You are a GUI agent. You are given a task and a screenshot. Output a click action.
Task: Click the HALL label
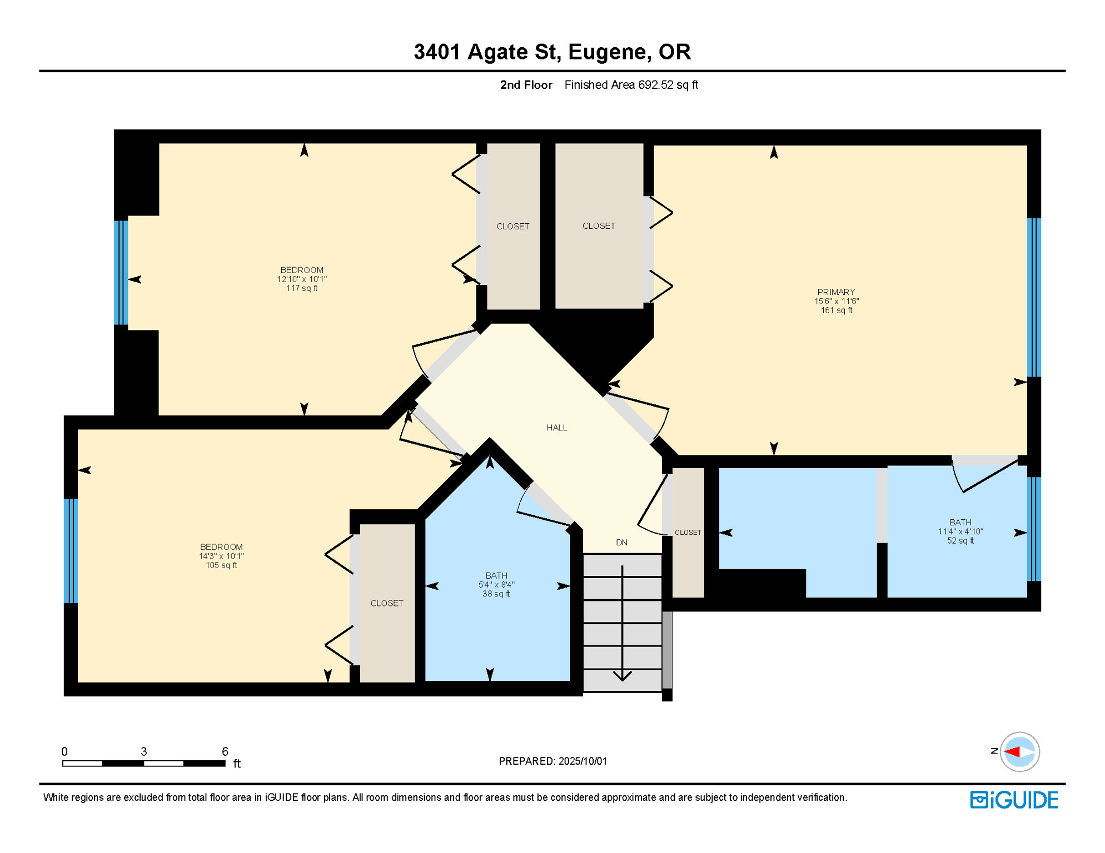pos(556,428)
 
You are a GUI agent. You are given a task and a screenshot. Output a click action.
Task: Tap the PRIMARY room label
pos(836,292)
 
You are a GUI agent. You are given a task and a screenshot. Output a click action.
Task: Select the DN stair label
pos(621,543)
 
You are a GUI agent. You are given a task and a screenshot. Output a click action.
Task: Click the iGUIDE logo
pos(1014,800)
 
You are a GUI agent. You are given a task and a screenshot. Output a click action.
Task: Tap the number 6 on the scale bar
pos(225,751)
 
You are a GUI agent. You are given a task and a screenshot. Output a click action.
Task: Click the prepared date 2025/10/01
pos(583,761)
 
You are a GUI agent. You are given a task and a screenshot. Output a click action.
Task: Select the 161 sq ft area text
pos(837,310)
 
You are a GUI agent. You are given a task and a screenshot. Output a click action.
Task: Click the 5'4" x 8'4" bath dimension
pos(496,585)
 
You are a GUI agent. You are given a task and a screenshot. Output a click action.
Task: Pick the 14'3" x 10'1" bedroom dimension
pos(221,556)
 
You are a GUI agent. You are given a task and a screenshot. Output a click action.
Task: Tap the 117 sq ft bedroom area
pos(302,288)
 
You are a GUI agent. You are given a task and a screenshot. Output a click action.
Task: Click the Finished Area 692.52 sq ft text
pos(631,85)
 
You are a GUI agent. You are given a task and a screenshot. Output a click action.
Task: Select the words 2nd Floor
pos(526,85)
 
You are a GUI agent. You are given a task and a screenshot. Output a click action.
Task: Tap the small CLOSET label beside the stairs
pos(688,533)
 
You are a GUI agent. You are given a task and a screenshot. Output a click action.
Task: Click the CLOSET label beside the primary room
pos(599,226)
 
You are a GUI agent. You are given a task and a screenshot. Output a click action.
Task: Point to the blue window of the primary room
pos(1034,298)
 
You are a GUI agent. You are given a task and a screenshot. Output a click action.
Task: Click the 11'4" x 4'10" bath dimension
pos(960,531)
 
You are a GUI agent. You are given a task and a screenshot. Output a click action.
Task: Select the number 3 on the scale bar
pos(143,751)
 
